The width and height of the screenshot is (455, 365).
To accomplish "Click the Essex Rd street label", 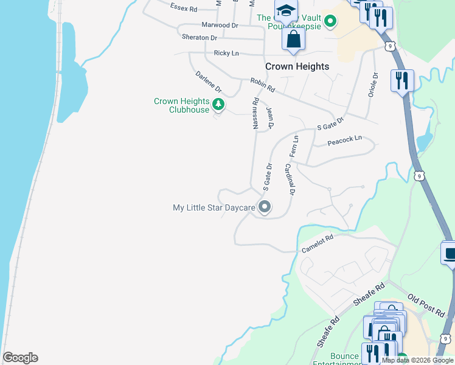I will [x=184, y=9].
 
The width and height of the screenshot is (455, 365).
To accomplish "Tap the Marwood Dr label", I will [x=220, y=26].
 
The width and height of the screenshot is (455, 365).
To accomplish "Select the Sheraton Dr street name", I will [x=199, y=38].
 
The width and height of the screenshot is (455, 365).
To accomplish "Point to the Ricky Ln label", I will [x=226, y=54].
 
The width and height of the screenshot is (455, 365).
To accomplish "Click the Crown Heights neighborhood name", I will [x=297, y=66].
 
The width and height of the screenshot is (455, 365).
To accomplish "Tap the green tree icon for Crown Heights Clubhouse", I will [x=218, y=105].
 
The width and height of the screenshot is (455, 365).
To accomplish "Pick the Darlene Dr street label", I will [x=209, y=83].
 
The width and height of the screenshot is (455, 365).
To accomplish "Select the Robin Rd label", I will [x=263, y=85].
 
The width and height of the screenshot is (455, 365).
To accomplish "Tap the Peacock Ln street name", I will [x=344, y=140].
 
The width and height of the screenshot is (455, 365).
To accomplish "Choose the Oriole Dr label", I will [x=373, y=85].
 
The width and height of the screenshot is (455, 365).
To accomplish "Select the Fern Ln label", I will [x=294, y=147].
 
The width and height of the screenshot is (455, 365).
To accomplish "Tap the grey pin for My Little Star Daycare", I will [x=265, y=207].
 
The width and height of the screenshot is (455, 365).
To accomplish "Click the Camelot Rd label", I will [x=318, y=243].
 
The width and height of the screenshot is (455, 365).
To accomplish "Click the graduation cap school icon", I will [x=285, y=11].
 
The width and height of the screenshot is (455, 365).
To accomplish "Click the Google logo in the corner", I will [x=20, y=358].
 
